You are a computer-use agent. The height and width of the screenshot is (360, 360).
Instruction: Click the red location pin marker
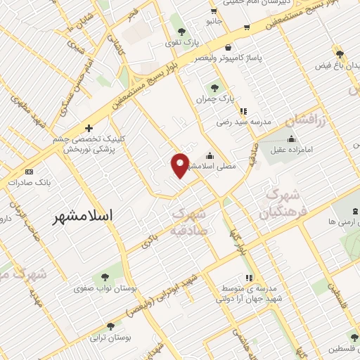181,165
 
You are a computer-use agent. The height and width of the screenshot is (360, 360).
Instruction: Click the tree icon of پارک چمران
214,88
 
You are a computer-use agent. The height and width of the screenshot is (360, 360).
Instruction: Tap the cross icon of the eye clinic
89,128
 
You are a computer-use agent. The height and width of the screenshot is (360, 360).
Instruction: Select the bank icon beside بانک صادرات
28,172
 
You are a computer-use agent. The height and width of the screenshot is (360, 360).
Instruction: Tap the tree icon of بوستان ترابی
110,326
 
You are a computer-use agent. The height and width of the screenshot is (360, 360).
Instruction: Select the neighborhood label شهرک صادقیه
188,220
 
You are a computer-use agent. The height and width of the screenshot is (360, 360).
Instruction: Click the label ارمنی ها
337,222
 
